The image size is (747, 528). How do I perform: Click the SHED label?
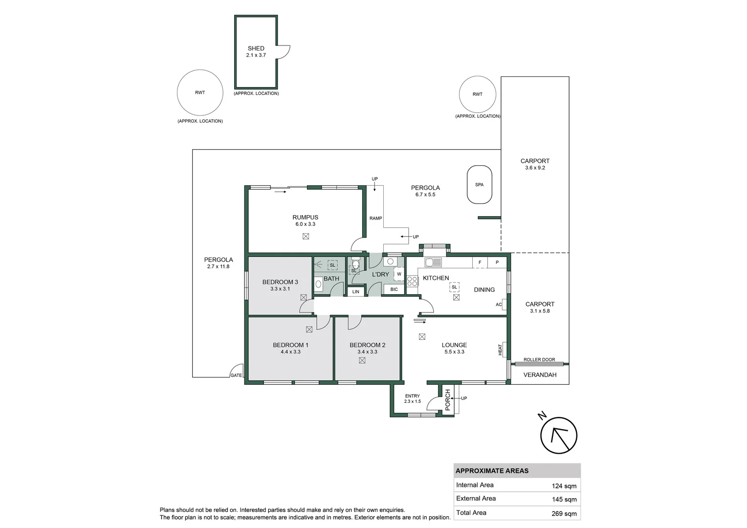pos(256,48)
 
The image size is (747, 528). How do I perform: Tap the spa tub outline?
pos(479,185)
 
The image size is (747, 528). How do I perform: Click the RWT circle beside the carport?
pos(478,94)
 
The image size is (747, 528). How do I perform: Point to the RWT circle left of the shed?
pos(200,92)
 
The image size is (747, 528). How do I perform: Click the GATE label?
pos(236,375)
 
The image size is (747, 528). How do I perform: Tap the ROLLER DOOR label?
pos(539,360)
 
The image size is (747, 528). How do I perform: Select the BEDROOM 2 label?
pos(367,345)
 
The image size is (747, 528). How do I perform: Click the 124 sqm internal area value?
pos(564,486)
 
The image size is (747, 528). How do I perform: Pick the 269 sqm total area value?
pos(564,513)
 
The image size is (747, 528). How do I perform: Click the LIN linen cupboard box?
pos(356,292)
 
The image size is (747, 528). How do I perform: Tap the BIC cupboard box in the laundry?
pos(394,289)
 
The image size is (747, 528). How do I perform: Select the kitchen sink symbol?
pos(433,263)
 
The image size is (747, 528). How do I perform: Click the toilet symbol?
pos(355,264)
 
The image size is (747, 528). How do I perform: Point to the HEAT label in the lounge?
pos(500,350)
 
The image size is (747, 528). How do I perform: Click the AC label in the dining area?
pos(499,305)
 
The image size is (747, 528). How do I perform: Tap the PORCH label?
pos(447,399)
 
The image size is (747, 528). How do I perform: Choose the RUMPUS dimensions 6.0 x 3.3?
pos(305,224)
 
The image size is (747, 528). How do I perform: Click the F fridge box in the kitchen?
pos(480,263)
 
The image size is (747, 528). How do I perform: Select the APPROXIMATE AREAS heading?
pos(492,471)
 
